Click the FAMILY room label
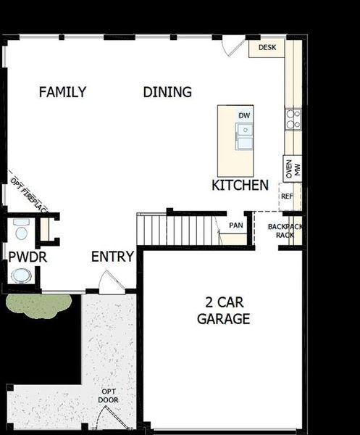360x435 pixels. pos(62,92)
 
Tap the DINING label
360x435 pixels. pos(167,92)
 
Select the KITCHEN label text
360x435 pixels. pos(240,186)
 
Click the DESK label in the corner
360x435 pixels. pos(267,48)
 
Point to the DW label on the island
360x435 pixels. pos(244,115)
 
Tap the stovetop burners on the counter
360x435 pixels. pos(293,119)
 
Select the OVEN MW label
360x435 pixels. pos(293,170)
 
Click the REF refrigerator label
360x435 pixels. pos(287,196)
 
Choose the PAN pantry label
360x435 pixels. pos(235,225)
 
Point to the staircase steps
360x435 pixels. pos(177,231)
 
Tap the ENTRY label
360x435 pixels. pos(112,257)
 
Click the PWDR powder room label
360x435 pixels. pos(23,257)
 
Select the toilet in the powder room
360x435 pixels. pos(20,231)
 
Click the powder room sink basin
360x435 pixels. pos(22,276)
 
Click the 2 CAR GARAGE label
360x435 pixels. pos(223,311)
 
